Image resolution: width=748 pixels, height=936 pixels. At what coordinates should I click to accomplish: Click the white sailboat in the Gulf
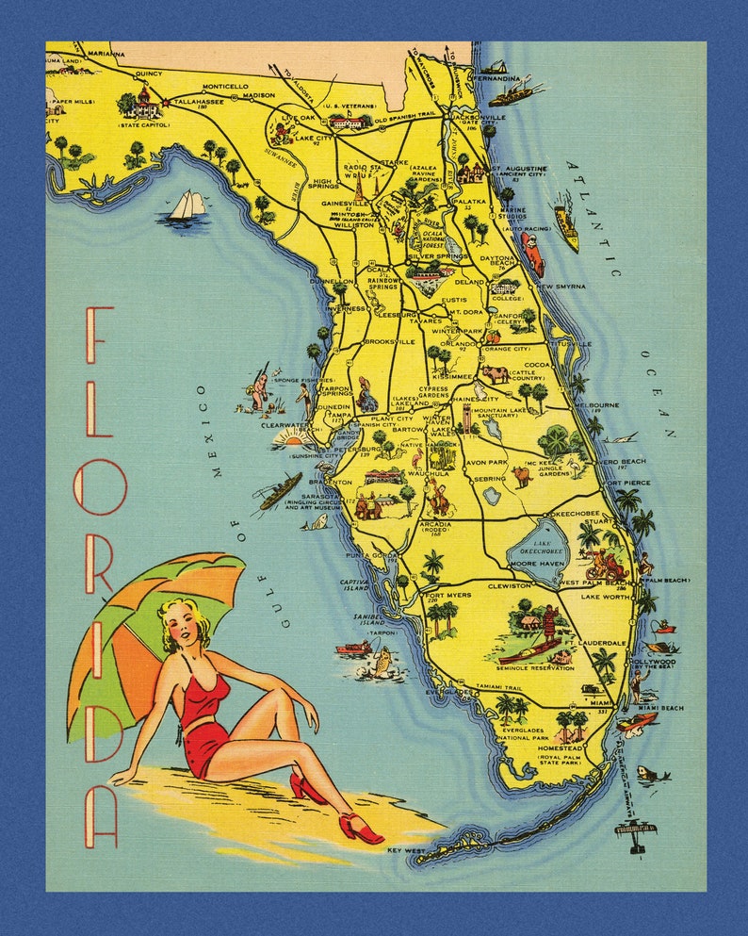(188, 205)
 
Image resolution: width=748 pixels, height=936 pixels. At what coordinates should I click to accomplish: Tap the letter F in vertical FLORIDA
(100, 335)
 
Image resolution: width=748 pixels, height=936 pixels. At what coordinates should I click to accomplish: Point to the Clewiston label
(509, 585)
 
